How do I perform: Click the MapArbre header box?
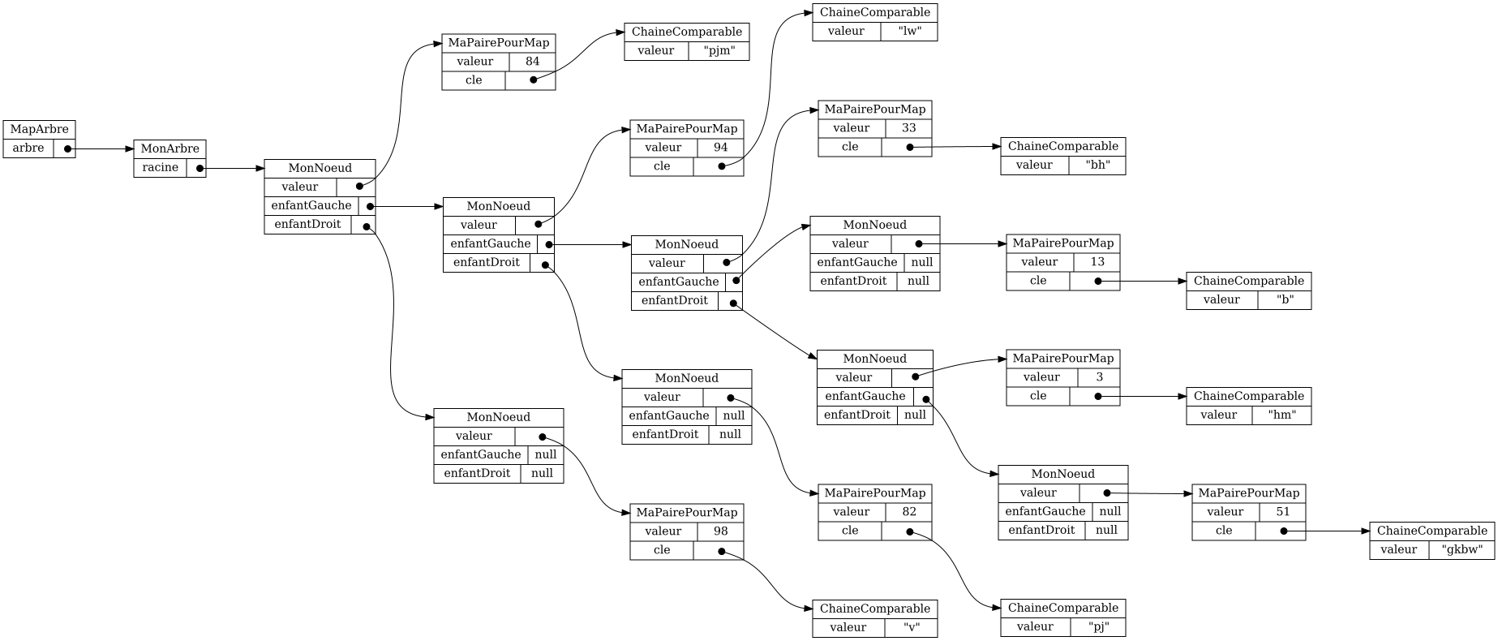[39, 130]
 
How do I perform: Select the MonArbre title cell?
[170, 149]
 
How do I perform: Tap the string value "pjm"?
[719, 51]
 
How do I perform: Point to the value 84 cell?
[532, 62]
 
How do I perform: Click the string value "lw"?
[908, 32]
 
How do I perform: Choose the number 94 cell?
[720, 148]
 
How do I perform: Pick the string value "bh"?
[1097, 166]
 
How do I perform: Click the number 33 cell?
[908, 128]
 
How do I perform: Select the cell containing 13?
[1097, 262]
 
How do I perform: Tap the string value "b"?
[1284, 300]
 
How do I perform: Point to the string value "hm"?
[1281, 415]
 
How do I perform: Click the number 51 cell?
[1282, 512]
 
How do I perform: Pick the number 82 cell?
[908, 512]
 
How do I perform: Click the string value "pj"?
[1097, 627]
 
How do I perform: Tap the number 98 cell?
[720, 531]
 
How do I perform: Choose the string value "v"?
[911, 627]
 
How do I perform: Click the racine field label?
[160, 168]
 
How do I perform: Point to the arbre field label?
[28, 148]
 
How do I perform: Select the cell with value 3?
[1099, 377]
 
